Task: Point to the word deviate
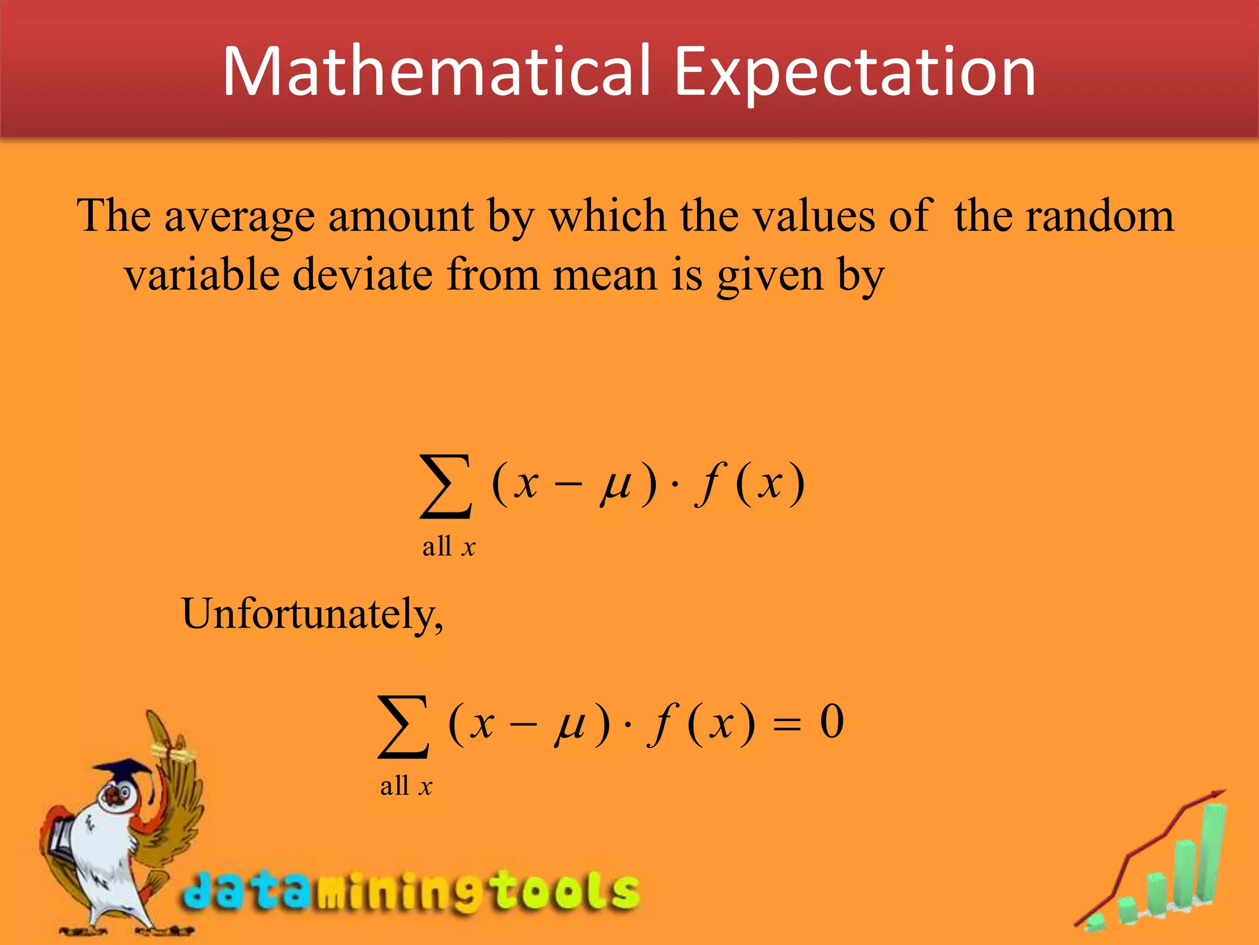point(363,275)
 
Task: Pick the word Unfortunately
point(312,614)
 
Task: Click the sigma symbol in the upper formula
point(446,486)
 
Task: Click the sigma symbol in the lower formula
point(403,726)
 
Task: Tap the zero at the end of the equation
point(831,721)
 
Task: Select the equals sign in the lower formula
point(786,726)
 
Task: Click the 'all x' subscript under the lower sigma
point(406,786)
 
